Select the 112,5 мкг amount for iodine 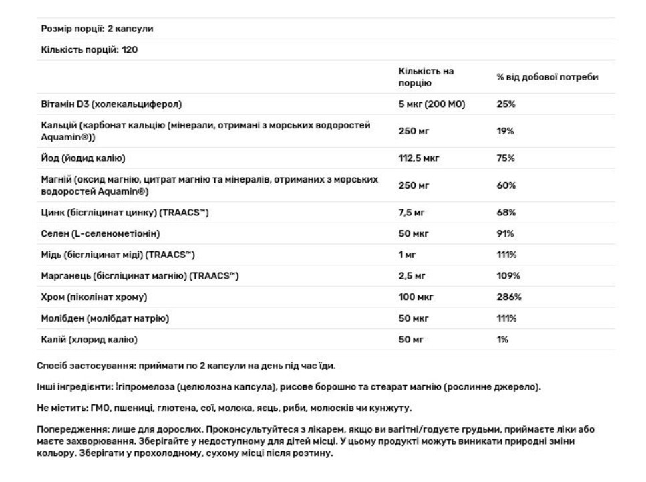pyautogui.click(x=418, y=158)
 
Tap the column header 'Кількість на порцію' pyautogui.click(x=426, y=77)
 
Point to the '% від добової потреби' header pyautogui.click(x=546, y=77)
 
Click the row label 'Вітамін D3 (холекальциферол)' pyautogui.click(x=112, y=104)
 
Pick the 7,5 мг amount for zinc pyautogui.click(x=412, y=212)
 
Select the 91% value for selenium pyautogui.click(x=505, y=233)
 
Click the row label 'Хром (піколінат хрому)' pyautogui.click(x=94, y=297)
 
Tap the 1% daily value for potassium pyautogui.click(x=502, y=340)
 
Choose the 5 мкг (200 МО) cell pyautogui.click(x=431, y=104)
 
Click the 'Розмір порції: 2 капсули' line pyautogui.click(x=97, y=29)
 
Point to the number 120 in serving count pyautogui.click(x=130, y=50)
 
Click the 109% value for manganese pyautogui.click(x=508, y=275)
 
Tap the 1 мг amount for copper pyautogui.click(x=408, y=255)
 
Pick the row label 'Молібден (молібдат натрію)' pyautogui.click(x=105, y=318)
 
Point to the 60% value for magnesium pyautogui.click(x=506, y=185)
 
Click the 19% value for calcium pyautogui.click(x=505, y=131)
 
